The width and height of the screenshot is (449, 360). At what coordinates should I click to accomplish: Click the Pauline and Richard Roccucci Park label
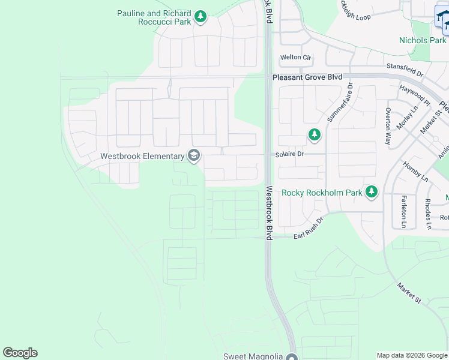click(154, 17)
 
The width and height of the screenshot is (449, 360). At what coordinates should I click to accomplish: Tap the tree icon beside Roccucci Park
click(200, 17)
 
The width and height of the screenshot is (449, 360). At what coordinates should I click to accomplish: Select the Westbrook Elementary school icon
click(193, 156)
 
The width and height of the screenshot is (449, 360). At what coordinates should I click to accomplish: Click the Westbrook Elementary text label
click(142, 156)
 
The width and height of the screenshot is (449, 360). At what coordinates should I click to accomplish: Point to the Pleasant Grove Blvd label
click(307, 77)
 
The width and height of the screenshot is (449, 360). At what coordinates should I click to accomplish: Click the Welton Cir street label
click(296, 58)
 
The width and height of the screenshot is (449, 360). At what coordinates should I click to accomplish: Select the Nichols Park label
click(422, 40)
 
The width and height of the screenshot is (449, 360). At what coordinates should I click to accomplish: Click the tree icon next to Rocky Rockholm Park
click(372, 192)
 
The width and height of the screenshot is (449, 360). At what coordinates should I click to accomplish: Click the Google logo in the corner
click(20, 353)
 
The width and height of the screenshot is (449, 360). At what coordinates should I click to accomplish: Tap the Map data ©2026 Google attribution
click(411, 355)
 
